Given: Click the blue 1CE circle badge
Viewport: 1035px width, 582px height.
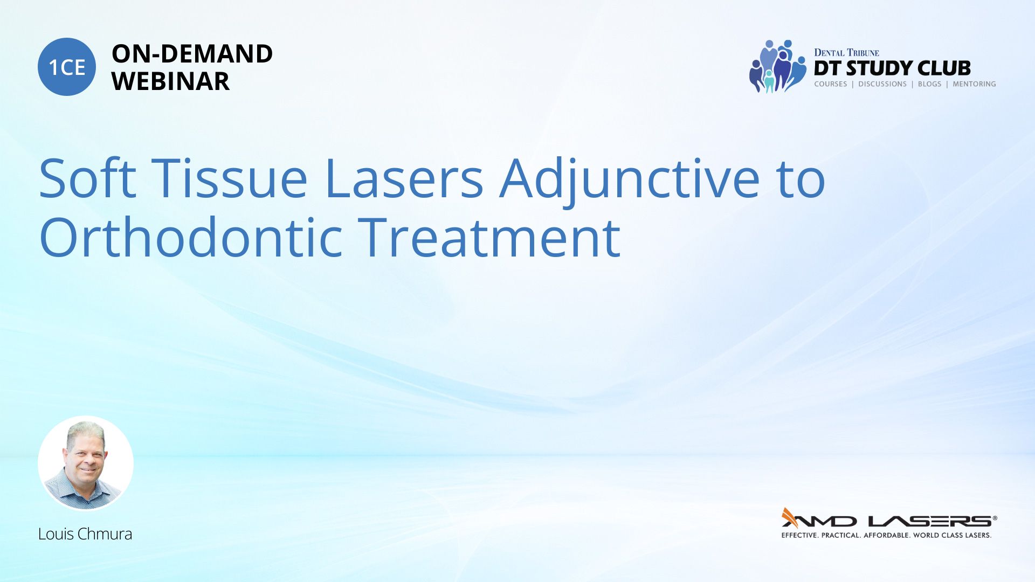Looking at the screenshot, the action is pyautogui.click(x=67, y=67).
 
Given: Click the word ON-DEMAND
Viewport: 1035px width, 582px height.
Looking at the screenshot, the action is pyautogui.click(x=192, y=54).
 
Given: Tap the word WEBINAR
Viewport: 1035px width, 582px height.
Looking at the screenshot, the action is pyautogui.click(x=170, y=81).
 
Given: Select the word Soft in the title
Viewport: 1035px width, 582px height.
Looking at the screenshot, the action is pyautogui.click(x=88, y=178).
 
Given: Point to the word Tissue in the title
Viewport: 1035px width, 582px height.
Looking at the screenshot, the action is pyautogui.click(x=229, y=178).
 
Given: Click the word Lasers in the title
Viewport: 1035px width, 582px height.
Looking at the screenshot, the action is pyautogui.click(x=404, y=178).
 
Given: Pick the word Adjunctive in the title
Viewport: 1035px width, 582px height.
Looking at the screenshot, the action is pyautogui.click(x=629, y=181).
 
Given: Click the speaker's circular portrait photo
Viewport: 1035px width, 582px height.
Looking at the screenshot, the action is pyautogui.click(x=86, y=463).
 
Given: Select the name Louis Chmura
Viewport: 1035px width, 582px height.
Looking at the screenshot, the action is pyautogui.click(x=85, y=534).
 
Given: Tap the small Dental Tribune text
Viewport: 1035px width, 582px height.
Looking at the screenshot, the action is pyautogui.click(x=846, y=52).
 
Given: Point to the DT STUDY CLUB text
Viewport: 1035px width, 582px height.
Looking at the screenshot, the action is pyautogui.click(x=892, y=68).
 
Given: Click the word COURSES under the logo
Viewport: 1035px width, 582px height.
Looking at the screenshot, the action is pyautogui.click(x=830, y=84).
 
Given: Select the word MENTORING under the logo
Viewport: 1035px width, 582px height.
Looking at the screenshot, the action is pyautogui.click(x=974, y=84).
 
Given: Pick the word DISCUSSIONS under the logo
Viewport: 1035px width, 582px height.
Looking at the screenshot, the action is pyautogui.click(x=882, y=84).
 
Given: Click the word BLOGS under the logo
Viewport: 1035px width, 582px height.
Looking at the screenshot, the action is pyautogui.click(x=929, y=84).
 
